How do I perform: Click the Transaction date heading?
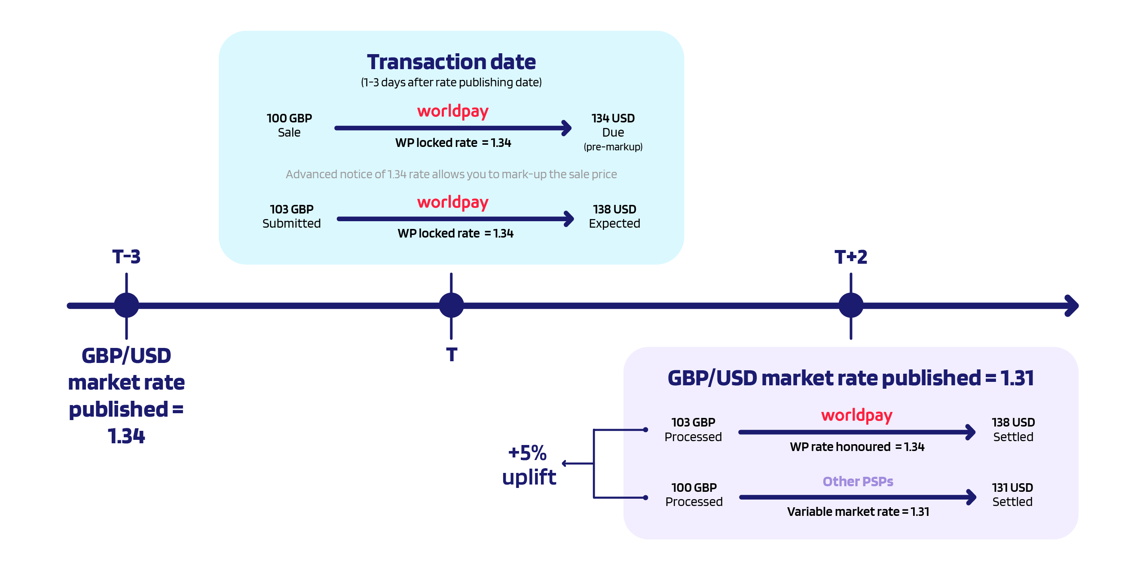click(451, 62)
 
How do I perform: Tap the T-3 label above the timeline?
click(126, 257)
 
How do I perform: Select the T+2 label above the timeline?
click(851, 257)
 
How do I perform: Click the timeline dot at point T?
click(451, 305)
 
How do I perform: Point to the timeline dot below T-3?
click(126, 305)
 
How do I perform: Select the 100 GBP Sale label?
click(289, 125)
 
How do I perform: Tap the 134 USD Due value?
click(613, 125)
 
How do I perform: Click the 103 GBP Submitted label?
click(291, 216)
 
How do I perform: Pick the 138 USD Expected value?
click(614, 216)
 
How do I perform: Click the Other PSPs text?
click(858, 482)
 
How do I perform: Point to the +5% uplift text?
click(529, 464)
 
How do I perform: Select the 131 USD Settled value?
click(1012, 494)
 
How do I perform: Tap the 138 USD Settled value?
click(1013, 429)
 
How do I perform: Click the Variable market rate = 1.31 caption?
click(858, 512)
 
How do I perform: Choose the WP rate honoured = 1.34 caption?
click(857, 447)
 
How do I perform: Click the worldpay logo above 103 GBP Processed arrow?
click(856, 415)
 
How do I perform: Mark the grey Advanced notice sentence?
click(451, 174)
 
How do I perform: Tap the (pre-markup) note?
click(613, 147)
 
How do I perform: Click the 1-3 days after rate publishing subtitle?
click(451, 82)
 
